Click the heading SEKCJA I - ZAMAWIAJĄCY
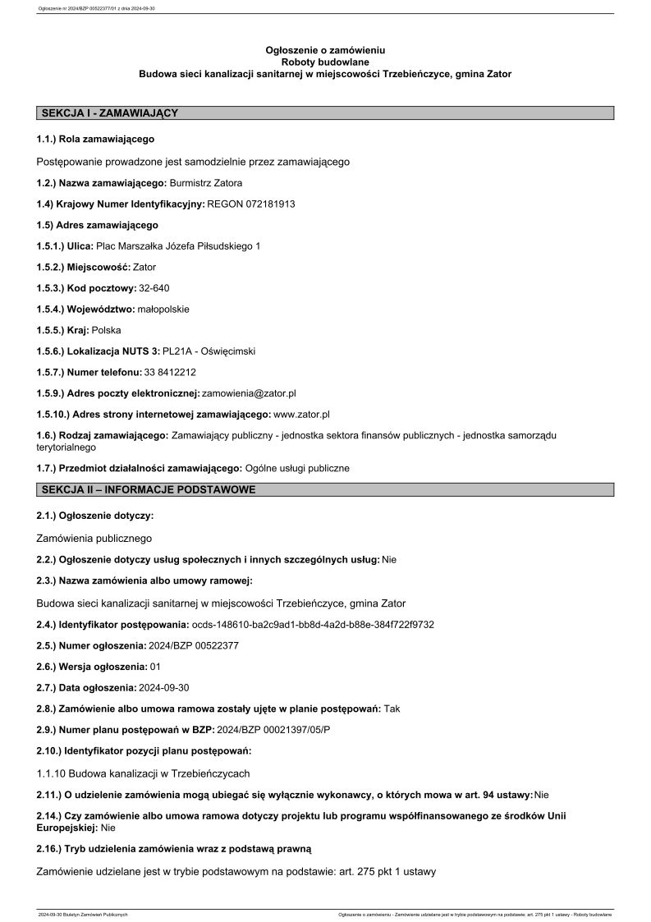(109, 113)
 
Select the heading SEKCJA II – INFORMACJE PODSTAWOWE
(148, 490)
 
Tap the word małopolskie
(163, 310)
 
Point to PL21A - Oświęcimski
(209, 351)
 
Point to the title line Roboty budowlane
(325, 62)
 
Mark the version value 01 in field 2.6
(155, 667)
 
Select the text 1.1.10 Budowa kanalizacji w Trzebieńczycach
(144, 773)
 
